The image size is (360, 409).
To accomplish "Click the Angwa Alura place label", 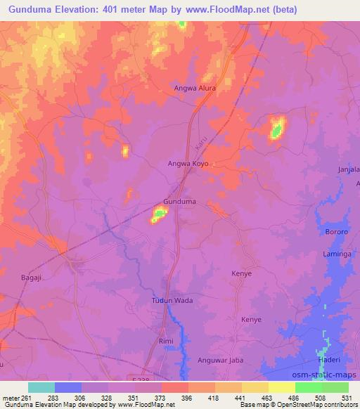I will [x=195, y=89].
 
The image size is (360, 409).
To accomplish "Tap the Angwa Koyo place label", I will [x=187, y=164].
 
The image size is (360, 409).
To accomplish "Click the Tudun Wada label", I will [x=172, y=300].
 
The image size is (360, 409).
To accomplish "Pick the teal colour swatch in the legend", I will [x=41, y=387].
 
